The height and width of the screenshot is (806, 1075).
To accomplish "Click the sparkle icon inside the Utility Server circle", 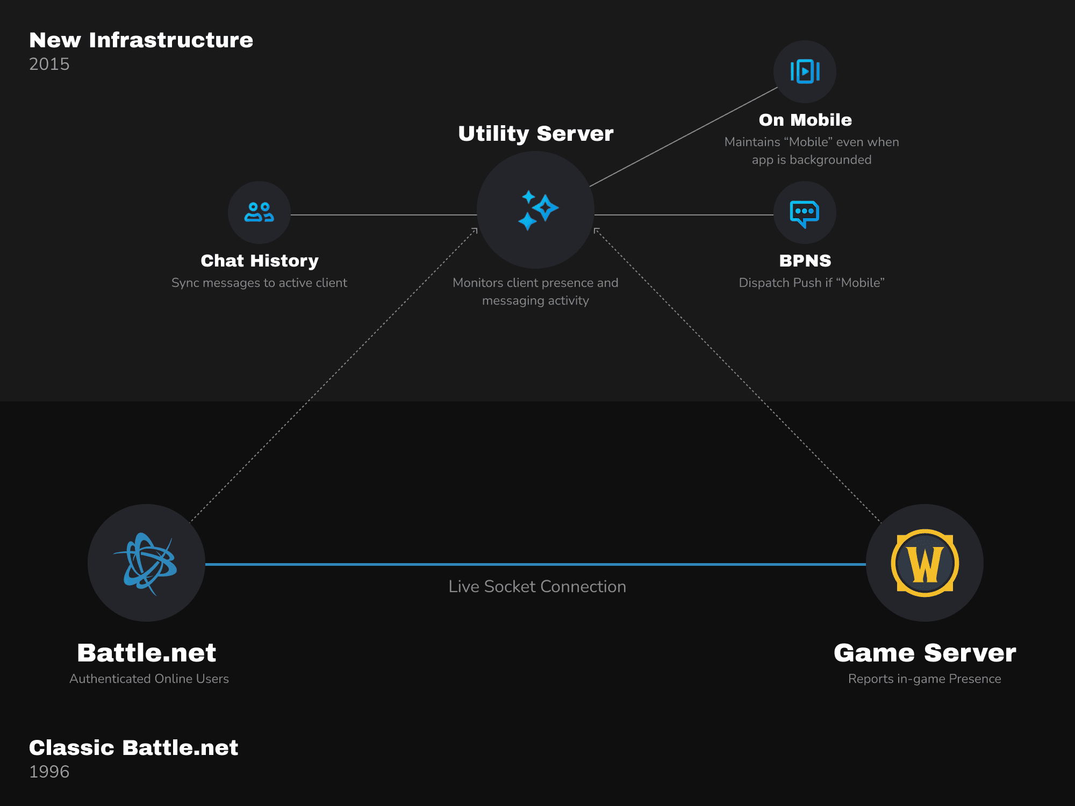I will (537, 210).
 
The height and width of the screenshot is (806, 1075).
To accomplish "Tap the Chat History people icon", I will (259, 212).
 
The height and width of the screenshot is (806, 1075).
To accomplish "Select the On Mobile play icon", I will (805, 71).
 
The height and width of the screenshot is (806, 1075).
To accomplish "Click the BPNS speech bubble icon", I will (805, 213).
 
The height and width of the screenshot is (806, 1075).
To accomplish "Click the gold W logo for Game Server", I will (924, 563).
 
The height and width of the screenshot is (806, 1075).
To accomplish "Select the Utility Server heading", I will (536, 133).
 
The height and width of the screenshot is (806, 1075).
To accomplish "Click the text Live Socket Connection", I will (537, 586).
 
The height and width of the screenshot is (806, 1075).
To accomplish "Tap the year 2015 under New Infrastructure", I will (49, 64).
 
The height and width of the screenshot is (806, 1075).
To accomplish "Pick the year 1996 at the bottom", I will (49, 772).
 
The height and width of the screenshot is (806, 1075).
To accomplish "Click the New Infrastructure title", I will (141, 40).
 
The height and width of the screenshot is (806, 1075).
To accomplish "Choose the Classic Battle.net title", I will (133, 747).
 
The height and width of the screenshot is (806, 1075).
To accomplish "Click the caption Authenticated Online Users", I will (149, 679).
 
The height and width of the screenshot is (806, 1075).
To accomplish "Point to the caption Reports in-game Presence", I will (924, 679).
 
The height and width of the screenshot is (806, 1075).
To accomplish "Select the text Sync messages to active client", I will (259, 283).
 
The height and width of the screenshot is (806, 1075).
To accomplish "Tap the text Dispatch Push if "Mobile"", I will (812, 283).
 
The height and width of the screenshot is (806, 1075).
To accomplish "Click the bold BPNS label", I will (805, 261).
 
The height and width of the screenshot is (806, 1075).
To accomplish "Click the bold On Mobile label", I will (805, 120).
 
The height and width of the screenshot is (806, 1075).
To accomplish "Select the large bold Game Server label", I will (924, 653).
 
